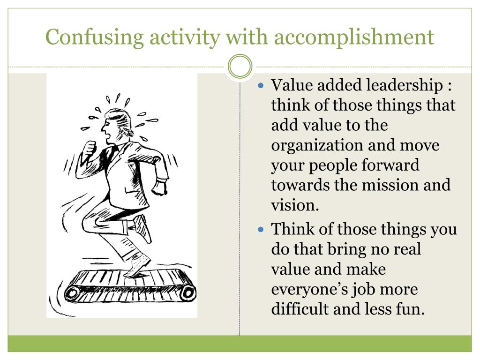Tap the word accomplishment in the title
tap(354, 37)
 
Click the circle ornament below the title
tap(240, 67)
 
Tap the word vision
tap(294, 205)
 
